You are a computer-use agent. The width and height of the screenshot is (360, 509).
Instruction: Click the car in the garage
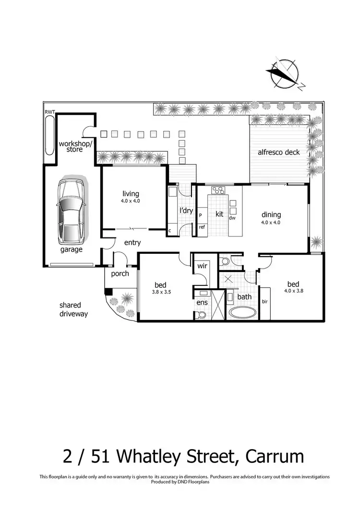coord(70,211)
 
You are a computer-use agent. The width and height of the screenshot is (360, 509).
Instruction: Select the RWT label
coord(50,112)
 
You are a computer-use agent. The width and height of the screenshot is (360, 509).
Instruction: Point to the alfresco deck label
coord(278,152)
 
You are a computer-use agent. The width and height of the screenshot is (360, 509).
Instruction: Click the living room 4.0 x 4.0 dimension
coord(130,201)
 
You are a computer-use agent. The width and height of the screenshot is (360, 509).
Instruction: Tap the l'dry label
coord(186,211)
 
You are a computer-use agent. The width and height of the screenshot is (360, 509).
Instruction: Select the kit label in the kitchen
coord(219,213)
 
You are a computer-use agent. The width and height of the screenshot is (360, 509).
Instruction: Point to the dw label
coord(232,218)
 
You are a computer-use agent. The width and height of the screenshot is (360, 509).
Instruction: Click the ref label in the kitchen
coord(202,227)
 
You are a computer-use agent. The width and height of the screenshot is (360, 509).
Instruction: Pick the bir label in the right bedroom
coord(264,302)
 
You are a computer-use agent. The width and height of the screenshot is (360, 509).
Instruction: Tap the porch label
coord(120,274)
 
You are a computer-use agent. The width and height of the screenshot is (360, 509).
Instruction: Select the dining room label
coord(271,215)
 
